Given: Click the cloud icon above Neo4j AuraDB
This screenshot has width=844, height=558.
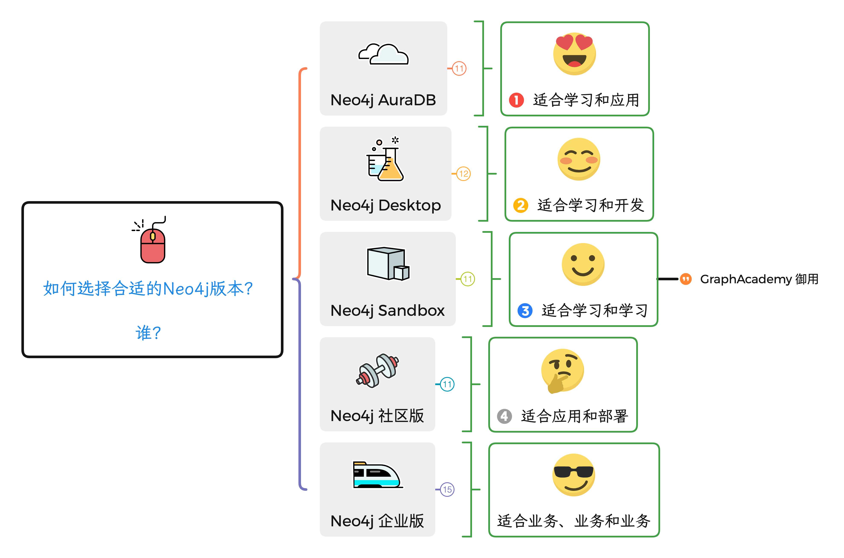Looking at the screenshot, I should coord(383,54).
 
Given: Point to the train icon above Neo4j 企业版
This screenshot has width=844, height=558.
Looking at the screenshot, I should coord(377,475).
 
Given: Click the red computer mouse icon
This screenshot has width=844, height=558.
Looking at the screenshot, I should coord(152,242).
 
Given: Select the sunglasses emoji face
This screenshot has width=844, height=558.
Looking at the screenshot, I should coord(573,475).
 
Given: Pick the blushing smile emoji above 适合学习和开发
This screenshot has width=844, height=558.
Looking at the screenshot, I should coord(578,159).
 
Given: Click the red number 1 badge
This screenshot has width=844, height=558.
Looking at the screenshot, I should coord(516,100).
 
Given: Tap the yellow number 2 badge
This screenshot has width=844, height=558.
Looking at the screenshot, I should coord(521,205).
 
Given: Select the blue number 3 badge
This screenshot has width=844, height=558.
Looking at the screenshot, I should coord(525,311).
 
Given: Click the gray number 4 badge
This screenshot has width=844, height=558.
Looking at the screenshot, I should coord(504,416).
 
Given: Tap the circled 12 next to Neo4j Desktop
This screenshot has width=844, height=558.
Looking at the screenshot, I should coord(463,174).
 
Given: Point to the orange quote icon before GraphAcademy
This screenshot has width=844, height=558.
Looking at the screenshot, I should coord(685,279).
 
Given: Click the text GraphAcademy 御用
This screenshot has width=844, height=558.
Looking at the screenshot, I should coord(759,279).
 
